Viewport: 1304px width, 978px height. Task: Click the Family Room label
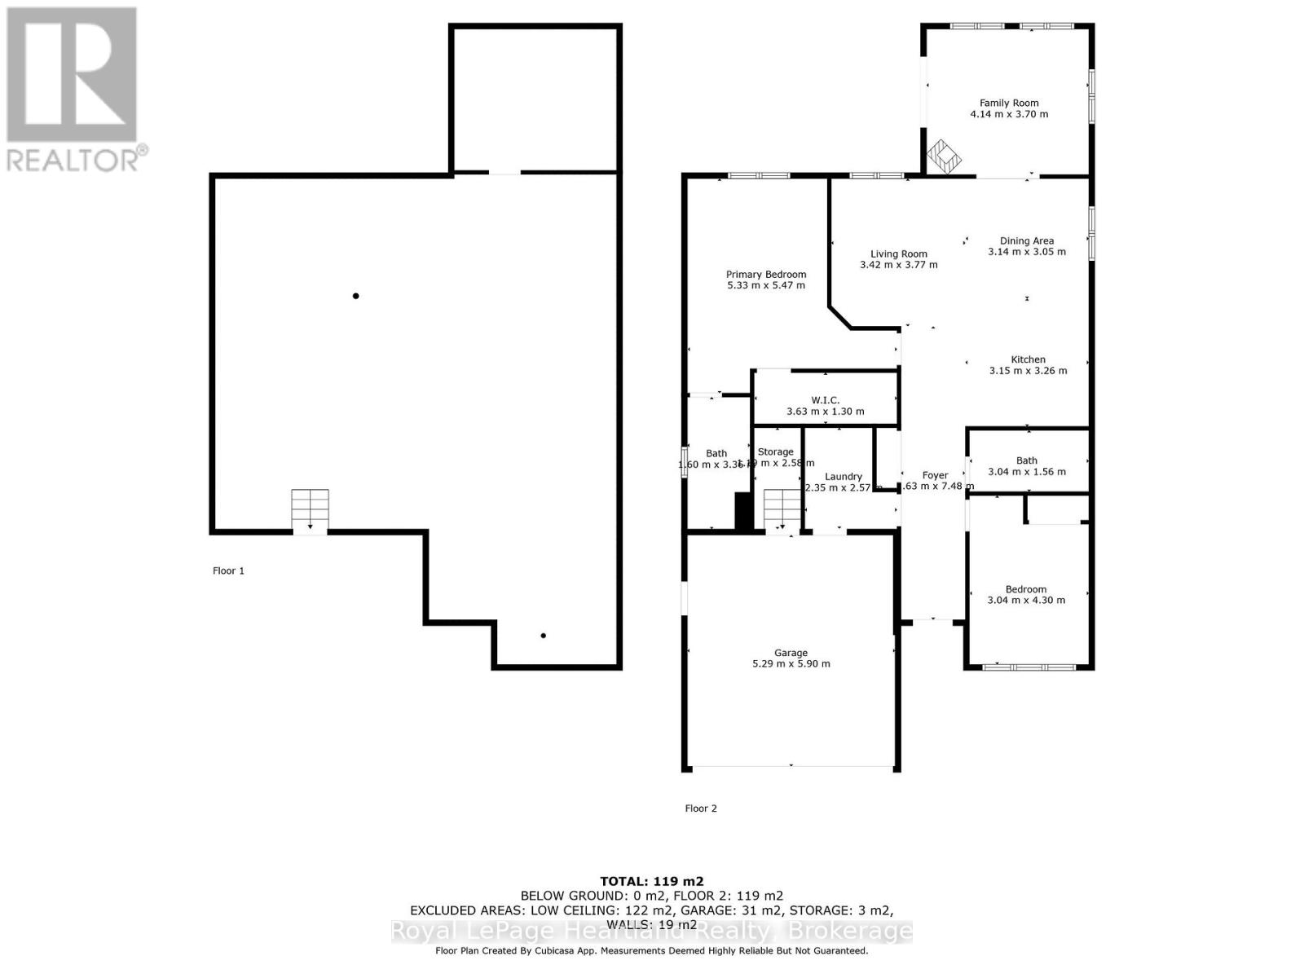click(1009, 103)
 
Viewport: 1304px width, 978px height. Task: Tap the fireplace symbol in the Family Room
click(945, 156)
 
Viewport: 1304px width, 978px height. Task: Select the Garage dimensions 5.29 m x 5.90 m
click(791, 664)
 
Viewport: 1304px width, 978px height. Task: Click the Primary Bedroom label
click(766, 275)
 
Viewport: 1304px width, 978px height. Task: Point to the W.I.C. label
click(825, 400)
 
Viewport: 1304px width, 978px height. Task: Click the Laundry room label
click(843, 477)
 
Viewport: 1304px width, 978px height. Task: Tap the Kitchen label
click(1028, 359)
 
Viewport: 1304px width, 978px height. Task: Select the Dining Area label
click(1026, 240)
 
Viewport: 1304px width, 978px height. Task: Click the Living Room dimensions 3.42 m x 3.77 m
click(898, 265)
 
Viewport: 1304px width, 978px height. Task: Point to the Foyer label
click(935, 475)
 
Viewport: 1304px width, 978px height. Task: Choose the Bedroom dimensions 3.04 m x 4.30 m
click(1025, 601)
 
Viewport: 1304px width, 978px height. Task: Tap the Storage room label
click(775, 452)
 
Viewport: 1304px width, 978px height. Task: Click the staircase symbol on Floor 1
click(311, 510)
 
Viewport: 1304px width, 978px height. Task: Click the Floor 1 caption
click(228, 570)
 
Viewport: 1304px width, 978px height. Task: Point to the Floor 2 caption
click(700, 808)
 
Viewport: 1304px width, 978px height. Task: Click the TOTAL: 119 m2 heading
click(651, 881)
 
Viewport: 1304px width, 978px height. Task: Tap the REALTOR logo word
click(73, 159)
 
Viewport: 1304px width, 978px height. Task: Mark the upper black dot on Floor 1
click(356, 296)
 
